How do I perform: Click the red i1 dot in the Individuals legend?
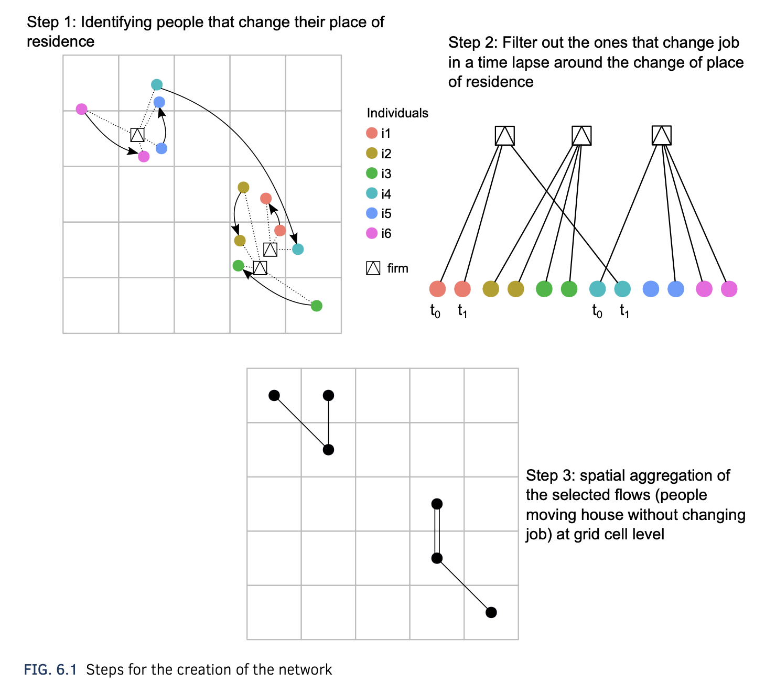pos(372,133)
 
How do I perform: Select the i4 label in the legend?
pos(386,194)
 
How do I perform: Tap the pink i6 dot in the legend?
pos(372,233)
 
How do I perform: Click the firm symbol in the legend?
pos(373,268)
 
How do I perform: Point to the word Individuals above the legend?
pos(397,113)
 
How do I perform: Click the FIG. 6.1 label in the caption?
pos(50,669)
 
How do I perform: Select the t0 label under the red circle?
pos(435,311)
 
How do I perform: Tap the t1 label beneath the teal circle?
pos(624,311)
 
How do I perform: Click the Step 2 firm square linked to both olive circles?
pos(581,136)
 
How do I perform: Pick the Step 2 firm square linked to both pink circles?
pos(662,135)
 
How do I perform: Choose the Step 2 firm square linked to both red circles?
pos(505,136)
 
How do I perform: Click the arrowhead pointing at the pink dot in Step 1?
pos(133,151)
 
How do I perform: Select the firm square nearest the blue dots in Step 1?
pos(137,135)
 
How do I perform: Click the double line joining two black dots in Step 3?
pos(437,531)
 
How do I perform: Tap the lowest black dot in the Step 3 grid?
pos(491,612)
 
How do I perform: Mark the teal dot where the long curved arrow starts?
pos(157,84)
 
